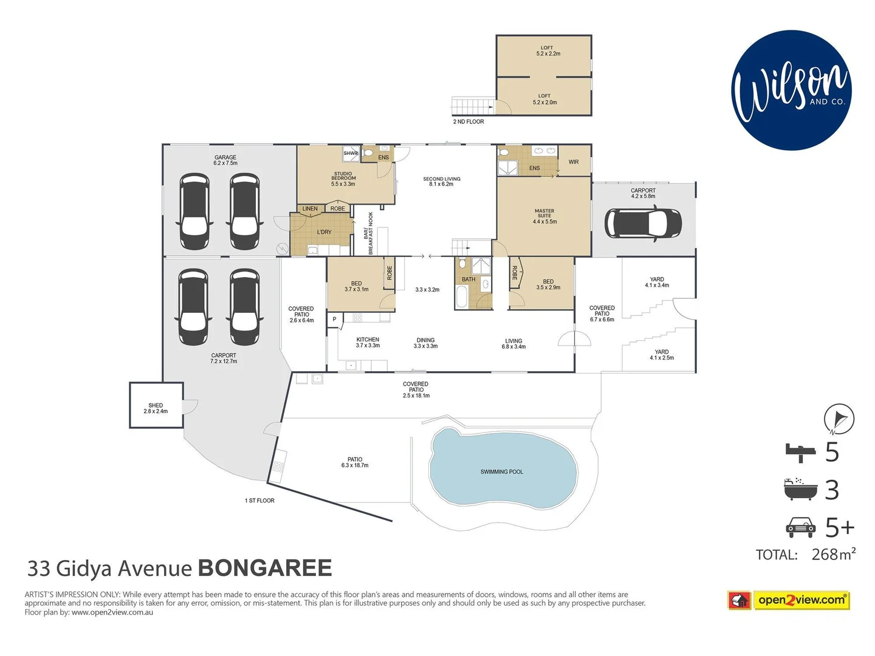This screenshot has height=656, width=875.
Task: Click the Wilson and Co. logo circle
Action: [791, 90]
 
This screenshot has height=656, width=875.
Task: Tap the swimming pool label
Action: [501, 472]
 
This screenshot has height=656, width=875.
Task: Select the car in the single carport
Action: [643, 223]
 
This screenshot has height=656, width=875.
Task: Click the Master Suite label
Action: [544, 216]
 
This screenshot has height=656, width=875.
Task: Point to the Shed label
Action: [156, 408]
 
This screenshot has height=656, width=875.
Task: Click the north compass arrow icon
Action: [839, 419]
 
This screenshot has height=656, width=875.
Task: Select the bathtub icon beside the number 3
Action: [800, 489]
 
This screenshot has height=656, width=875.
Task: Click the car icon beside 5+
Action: [800, 527]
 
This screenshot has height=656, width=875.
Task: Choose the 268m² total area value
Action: [833, 555]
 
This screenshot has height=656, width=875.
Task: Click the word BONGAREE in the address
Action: [265, 569]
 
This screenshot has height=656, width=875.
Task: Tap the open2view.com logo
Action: [789, 600]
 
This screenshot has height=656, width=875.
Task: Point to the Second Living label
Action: [442, 181]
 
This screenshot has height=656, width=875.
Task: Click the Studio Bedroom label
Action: [343, 179]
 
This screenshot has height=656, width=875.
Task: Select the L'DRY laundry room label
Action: [324, 232]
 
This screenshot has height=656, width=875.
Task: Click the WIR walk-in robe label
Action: [574, 162]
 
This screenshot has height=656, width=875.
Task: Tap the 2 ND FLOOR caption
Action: [468, 122]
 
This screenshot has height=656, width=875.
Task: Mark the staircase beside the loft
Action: [472, 106]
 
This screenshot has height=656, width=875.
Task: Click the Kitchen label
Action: [368, 343]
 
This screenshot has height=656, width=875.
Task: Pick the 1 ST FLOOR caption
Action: [259, 501]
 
